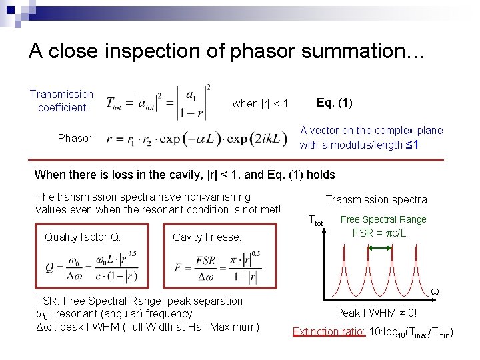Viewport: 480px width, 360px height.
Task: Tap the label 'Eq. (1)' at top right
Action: pos(335,103)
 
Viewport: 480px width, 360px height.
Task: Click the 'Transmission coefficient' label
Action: pos(61,101)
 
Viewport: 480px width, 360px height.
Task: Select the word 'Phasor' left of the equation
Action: pos(75,138)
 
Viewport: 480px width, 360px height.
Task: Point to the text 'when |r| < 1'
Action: pos(260,103)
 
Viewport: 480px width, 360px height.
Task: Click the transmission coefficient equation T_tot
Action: pos(159,101)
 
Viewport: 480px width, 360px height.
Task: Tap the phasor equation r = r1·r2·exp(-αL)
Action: pos(198,139)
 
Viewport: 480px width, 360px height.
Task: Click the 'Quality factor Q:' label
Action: pos(82,237)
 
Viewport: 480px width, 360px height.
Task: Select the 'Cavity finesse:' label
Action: pos(207,237)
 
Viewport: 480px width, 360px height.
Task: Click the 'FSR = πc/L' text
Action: pos(379,233)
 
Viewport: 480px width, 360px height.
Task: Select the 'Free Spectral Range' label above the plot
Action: pos(383,219)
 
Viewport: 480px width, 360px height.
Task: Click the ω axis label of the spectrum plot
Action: pos(434,291)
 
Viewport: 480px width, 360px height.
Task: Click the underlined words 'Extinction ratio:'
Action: pos(329,331)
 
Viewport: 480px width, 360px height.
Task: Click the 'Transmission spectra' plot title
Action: pos(376,199)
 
